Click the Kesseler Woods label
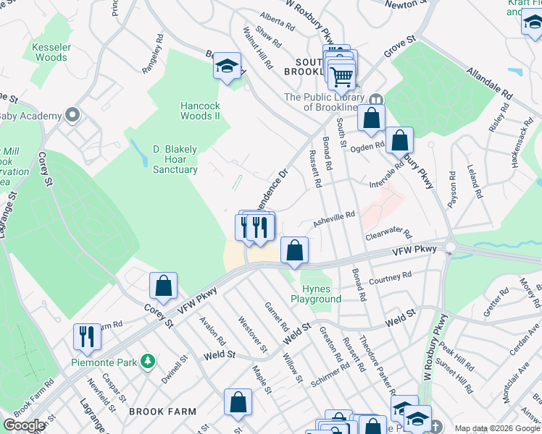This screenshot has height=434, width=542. (50, 52)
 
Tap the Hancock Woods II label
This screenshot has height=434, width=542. (200, 110)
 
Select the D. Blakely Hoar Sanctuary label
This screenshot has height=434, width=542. (175, 159)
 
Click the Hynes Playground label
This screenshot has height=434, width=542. (316, 294)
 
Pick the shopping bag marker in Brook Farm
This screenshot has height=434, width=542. (237, 403)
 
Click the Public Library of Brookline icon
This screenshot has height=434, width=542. (375, 99)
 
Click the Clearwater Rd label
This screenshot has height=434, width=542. (388, 236)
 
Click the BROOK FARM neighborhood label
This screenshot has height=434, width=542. (162, 412)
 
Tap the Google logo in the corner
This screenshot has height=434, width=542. (24, 425)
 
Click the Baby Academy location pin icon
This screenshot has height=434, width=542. (72, 115)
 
